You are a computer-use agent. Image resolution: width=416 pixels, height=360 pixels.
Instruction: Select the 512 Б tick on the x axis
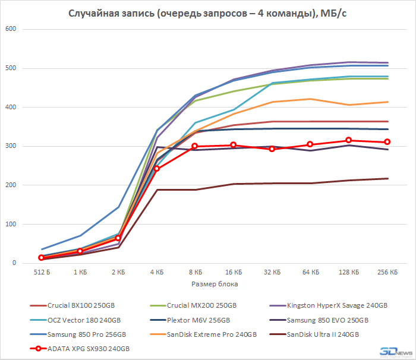41,273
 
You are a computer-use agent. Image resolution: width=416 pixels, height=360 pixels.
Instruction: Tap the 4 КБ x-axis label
156,273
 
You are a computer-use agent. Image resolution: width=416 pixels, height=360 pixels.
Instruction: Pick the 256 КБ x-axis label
387,273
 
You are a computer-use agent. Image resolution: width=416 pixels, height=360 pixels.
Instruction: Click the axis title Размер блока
214,285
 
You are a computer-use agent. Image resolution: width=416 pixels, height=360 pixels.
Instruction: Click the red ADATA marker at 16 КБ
234,145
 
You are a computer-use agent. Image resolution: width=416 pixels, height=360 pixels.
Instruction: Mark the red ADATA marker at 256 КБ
387,142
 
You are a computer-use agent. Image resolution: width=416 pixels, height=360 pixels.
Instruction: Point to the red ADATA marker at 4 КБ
156,169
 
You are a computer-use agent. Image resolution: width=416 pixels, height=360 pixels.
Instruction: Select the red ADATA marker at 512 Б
41,258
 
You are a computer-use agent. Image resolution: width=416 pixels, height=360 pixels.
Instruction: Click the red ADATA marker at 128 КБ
349,141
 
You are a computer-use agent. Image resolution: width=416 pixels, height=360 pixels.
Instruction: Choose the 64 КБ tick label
310,273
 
